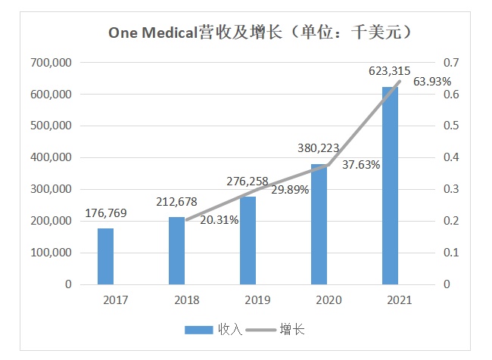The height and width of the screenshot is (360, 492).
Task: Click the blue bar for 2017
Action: (x=106, y=256)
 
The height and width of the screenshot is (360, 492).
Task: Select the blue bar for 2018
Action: (x=177, y=250)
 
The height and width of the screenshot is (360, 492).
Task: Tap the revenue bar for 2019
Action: (x=248, y=241)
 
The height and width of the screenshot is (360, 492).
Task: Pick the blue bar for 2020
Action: (x=319, y=224)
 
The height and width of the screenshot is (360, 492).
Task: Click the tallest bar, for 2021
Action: (x=390, y=185)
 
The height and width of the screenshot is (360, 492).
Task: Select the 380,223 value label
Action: (x=319, y=148)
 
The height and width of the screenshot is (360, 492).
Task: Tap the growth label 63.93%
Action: (x=432, y=81)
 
